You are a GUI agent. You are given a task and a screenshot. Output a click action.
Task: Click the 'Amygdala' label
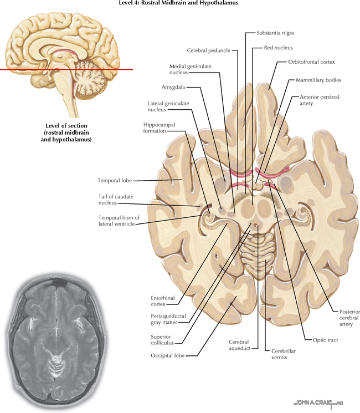pyautogui.click(x=173, y=87)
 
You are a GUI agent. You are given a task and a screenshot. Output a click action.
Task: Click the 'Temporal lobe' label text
pyautogui.click(x=115, y=180)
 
